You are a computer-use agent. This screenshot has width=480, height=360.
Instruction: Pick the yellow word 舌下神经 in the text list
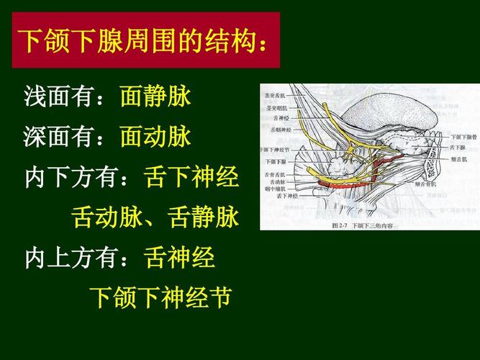[x=191, y=176]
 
